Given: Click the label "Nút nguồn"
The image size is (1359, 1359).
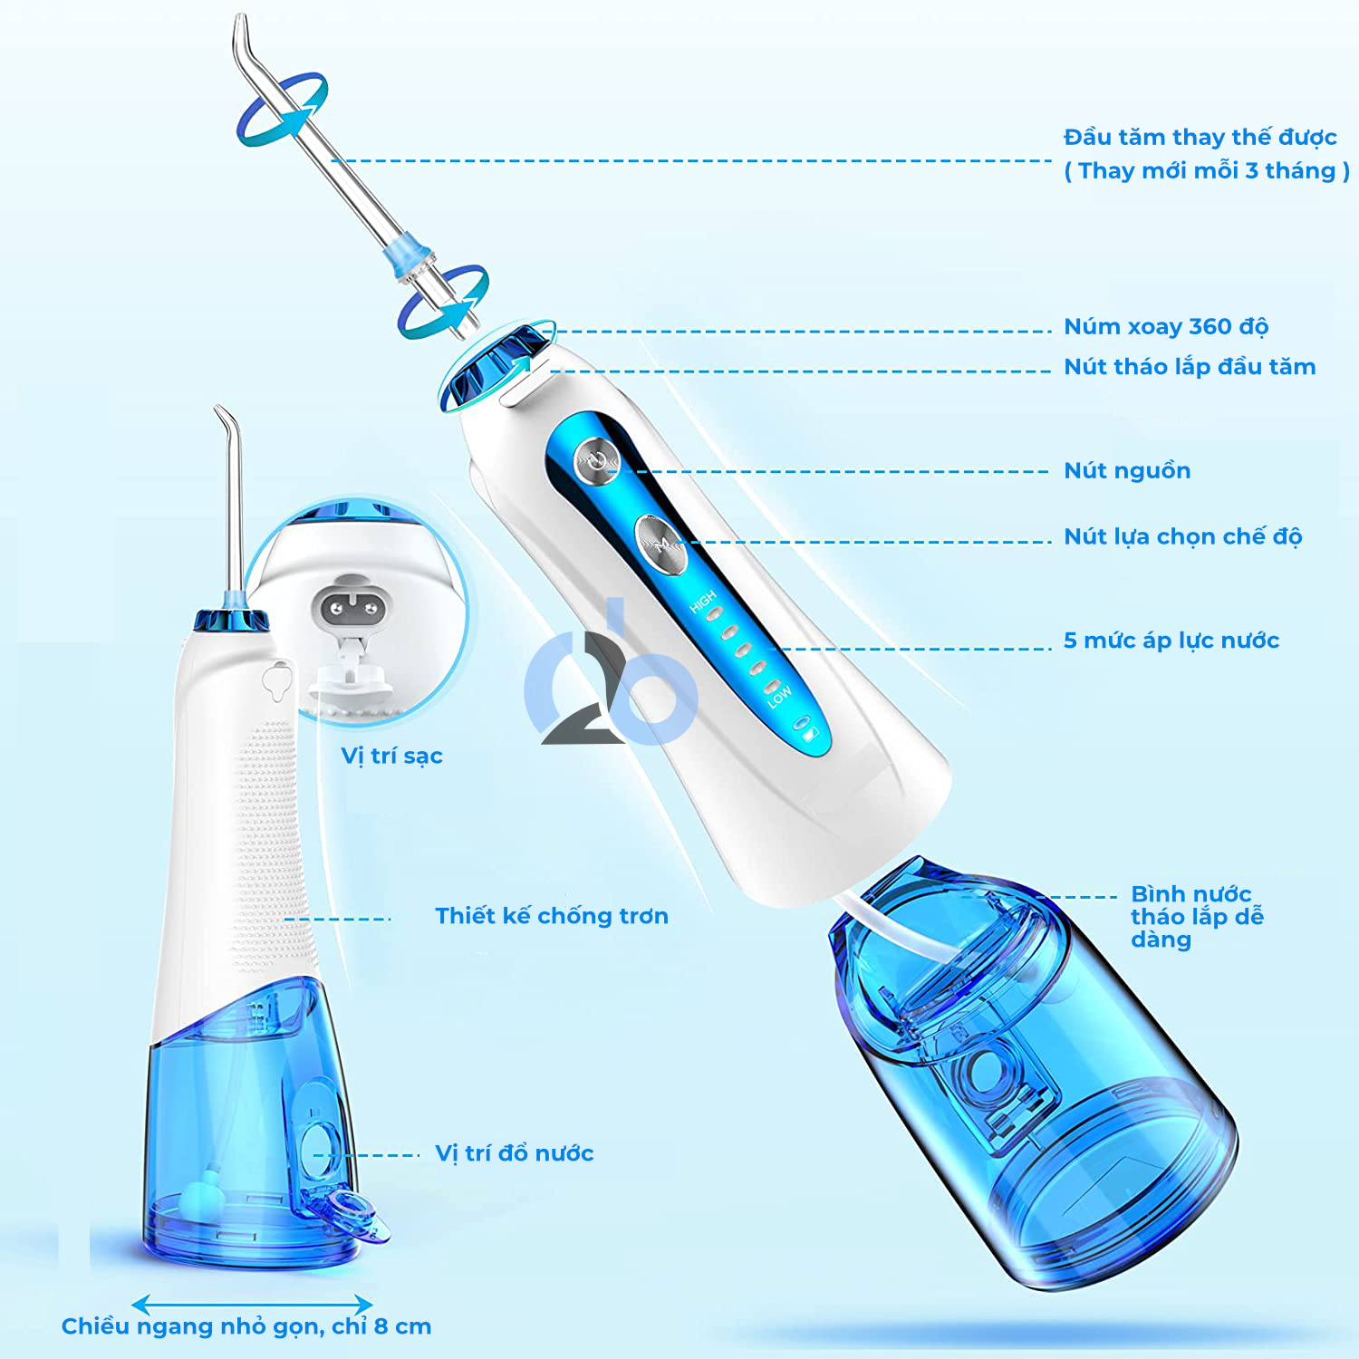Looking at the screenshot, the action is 1127,471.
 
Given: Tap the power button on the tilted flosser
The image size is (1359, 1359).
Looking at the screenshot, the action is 595,460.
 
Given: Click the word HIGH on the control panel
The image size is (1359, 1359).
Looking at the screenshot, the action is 702,602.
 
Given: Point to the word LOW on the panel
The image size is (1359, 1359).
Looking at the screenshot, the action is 779,696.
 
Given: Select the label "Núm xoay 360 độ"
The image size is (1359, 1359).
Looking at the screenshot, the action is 1166,327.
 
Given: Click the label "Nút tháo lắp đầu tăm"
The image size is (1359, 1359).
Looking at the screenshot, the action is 1190,367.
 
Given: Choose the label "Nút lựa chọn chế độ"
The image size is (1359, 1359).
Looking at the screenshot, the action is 1183,537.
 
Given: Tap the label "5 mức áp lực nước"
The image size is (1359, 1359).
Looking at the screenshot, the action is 1171,641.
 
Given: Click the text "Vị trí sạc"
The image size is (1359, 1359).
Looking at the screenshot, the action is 391,757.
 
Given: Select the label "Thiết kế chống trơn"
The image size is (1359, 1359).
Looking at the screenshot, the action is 552,916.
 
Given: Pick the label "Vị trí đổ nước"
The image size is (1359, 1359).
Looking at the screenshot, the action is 515,1153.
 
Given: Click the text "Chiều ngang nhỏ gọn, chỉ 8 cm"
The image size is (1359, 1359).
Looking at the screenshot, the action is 246,1327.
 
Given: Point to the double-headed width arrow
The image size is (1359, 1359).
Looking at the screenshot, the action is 253,1306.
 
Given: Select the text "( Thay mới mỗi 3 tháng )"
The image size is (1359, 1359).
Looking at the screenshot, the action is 1207,171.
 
